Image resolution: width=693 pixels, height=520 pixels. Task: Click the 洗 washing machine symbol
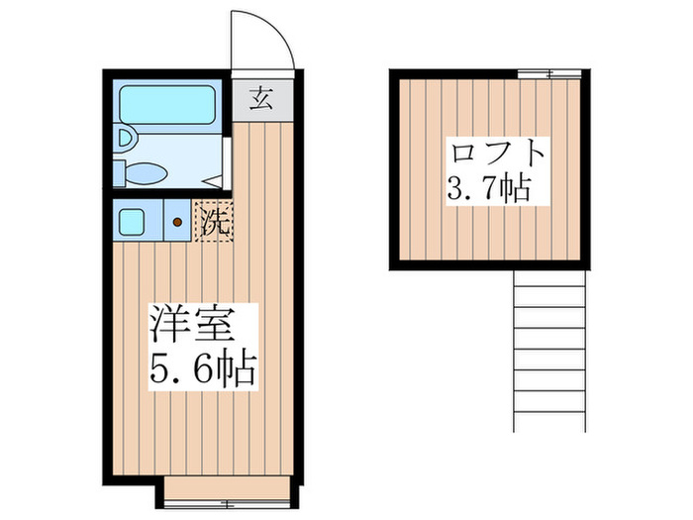[x=215, y=220]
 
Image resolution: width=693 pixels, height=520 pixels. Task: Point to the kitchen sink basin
[x=132, y=220]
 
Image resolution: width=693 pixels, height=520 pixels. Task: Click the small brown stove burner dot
[x=177, y=223]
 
